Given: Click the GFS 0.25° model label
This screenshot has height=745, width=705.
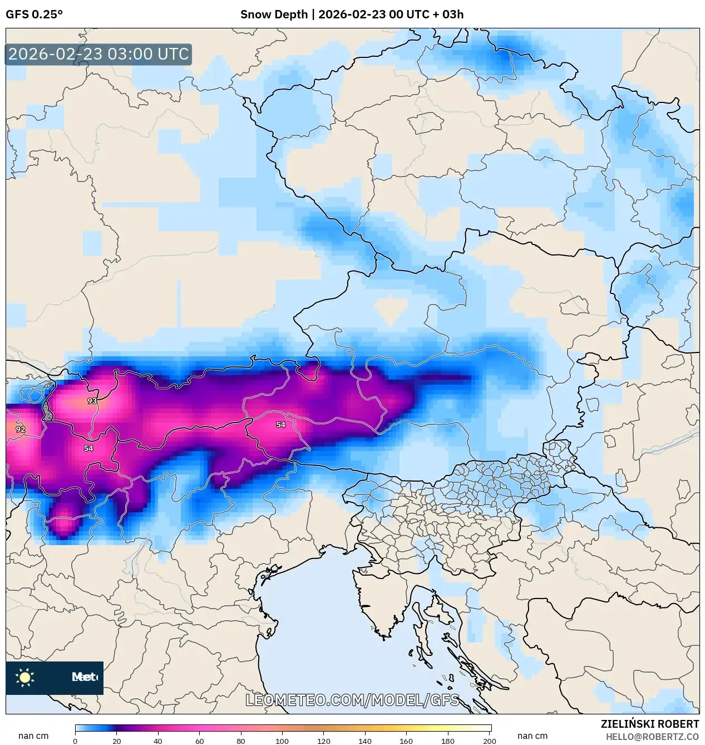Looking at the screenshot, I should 34,14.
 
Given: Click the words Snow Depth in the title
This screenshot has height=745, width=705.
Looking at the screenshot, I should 274,14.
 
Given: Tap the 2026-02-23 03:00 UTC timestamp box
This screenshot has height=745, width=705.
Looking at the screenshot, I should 98,55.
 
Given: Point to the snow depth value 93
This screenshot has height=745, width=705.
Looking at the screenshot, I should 92,401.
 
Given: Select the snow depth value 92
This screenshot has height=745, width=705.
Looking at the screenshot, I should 21,429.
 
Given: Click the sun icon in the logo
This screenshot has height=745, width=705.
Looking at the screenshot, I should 25,677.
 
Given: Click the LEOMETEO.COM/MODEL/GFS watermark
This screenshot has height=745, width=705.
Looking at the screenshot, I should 352,700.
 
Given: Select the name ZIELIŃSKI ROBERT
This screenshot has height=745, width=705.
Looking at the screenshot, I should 649,724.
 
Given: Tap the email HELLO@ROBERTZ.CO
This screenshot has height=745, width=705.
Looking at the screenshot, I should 652,737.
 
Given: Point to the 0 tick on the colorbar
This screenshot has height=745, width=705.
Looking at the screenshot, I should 75,741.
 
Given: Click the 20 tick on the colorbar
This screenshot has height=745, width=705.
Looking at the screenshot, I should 117,741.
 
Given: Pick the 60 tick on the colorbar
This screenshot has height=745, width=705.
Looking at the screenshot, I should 200,741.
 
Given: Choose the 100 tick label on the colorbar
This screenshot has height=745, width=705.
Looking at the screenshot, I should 282,741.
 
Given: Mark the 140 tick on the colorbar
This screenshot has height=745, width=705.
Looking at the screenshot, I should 365,741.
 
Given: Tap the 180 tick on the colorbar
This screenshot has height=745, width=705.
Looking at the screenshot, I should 448,741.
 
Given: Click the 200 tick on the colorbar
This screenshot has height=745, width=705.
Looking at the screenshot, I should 489,741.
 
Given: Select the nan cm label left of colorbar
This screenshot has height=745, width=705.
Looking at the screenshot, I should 33,736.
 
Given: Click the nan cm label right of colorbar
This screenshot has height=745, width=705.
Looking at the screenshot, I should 533,736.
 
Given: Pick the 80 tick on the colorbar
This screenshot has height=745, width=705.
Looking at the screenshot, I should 241,741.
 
